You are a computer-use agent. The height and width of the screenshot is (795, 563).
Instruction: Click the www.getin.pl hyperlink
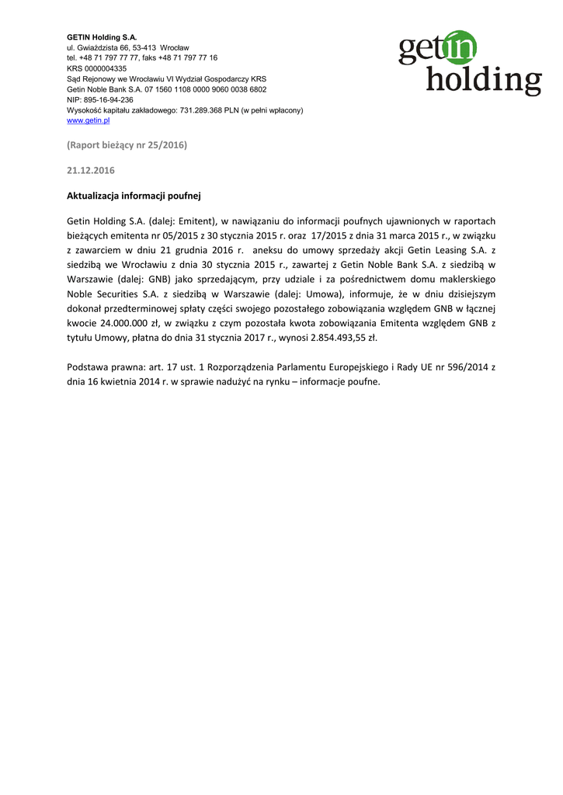89,121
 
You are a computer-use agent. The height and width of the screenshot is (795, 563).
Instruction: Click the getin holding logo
470,63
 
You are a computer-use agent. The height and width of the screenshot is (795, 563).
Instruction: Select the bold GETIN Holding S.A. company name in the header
102,37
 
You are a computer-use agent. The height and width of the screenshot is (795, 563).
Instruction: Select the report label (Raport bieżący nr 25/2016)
127,145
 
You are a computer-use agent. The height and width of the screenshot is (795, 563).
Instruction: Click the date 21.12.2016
91,170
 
